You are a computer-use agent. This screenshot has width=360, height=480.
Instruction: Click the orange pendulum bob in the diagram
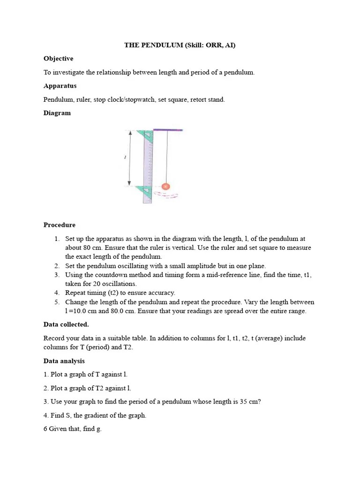tap(165, 187)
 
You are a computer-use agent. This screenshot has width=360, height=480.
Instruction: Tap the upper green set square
tap(147, 135)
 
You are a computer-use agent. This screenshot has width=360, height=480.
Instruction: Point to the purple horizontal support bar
tap(168, 130)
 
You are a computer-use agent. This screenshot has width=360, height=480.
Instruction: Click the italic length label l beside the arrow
tap(125, 158)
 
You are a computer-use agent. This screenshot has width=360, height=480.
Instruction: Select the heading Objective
tap(58, 59)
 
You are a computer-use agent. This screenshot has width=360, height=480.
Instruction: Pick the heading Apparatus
tap(60, 86)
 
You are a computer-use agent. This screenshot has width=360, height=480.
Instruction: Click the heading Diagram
tap(57, 113)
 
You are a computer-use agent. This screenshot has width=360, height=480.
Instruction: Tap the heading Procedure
tap(60, 225)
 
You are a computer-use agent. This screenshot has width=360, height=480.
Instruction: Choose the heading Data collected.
tap(66, 324)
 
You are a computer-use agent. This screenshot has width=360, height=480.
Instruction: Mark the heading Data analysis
tap(64, 361)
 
